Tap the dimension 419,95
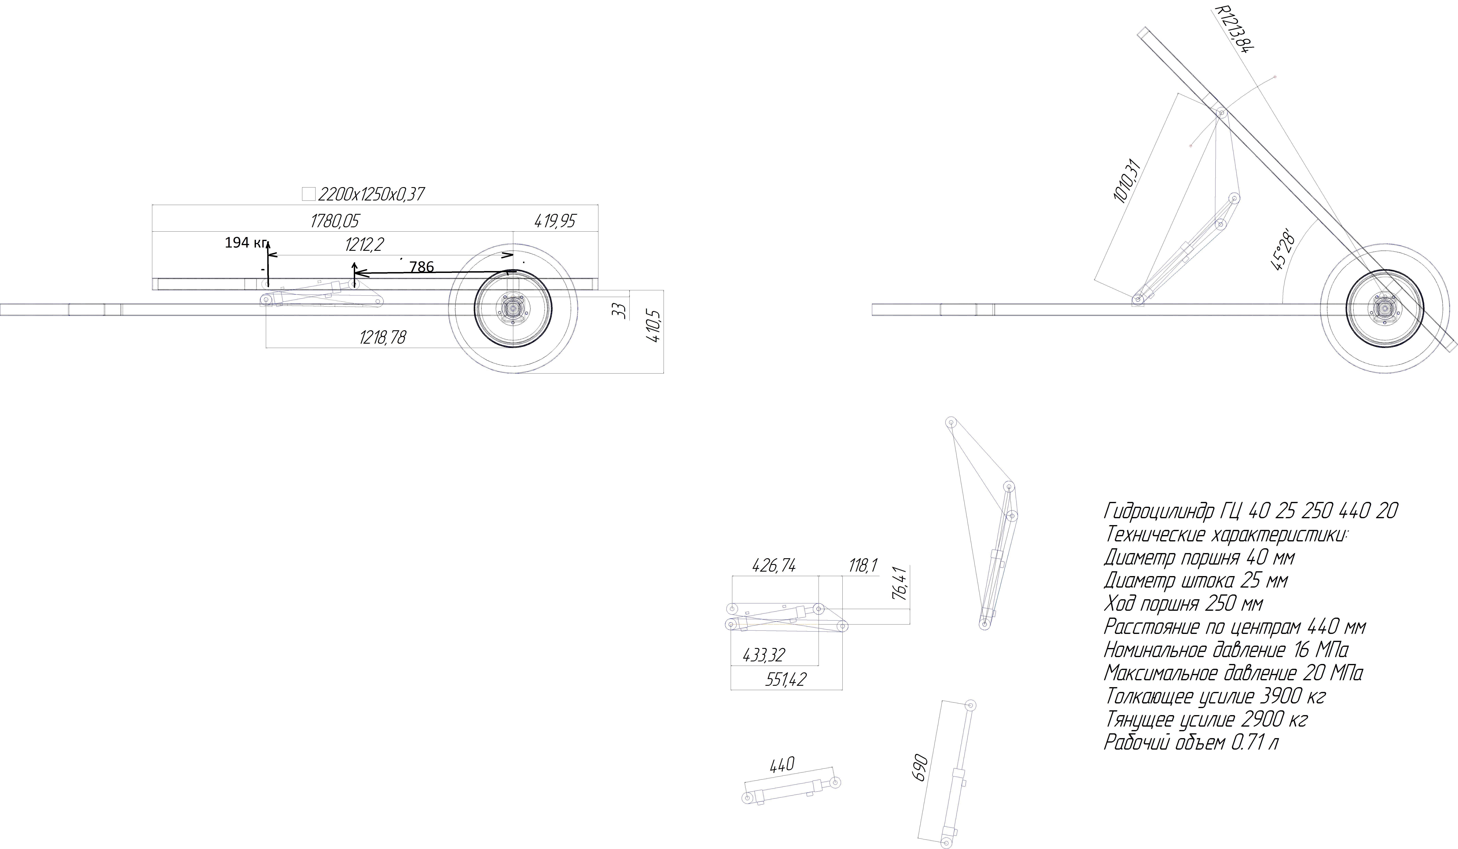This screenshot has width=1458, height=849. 555,221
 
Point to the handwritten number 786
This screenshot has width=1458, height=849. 421,267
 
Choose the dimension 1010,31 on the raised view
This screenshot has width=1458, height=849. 1127,181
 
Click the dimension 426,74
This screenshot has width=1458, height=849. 774,565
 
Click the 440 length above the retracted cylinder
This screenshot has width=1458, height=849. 782,765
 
